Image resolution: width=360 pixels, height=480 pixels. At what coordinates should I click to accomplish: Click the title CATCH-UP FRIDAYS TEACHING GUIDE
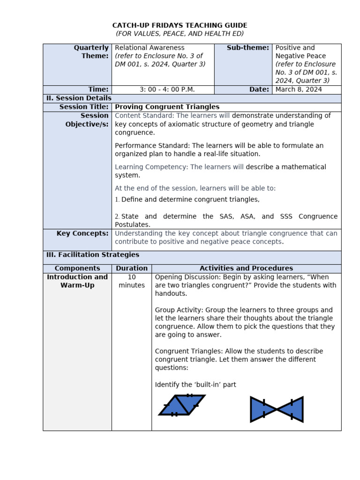[180, 25]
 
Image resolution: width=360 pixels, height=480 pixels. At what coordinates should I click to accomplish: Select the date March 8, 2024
[299, 90]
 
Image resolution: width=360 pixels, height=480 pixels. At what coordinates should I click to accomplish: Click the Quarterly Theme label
[91, 52]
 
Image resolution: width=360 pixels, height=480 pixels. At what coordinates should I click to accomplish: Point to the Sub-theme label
[247, 48]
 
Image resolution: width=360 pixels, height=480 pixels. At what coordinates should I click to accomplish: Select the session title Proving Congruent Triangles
[167, 107]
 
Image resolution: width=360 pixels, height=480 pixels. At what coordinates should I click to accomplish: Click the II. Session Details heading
[78, 98]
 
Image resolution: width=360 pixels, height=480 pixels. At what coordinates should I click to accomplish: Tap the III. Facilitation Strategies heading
[92, 255]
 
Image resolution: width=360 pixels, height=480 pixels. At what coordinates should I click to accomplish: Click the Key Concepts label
[82, 233]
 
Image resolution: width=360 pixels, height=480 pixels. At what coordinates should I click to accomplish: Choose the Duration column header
[131, 268]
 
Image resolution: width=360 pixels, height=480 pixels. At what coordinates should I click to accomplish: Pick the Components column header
[77, 268]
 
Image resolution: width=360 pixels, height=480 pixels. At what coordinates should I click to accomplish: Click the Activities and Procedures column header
[246, 268]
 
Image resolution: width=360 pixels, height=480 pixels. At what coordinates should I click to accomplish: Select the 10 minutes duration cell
[132, 281]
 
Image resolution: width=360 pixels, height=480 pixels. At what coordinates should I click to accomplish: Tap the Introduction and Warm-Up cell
[77, 281]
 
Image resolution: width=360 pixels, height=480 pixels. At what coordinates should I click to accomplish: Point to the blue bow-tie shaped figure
[277, 409]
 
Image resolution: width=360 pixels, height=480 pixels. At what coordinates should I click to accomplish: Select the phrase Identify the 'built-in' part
[195, 385]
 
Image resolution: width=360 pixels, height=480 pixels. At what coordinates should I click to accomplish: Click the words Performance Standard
[152, 146]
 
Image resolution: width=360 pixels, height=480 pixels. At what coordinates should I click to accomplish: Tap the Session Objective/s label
[87, 120]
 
